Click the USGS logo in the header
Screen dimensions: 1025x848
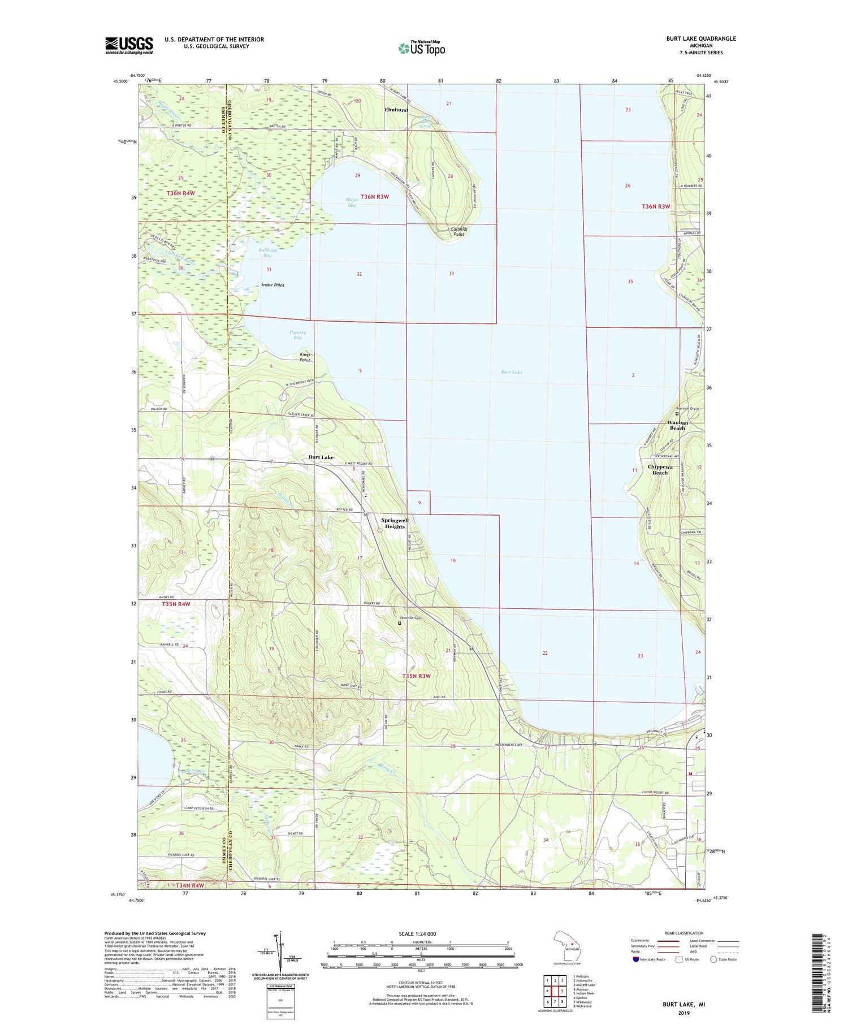[129, 45]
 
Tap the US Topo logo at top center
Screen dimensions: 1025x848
[422, 48]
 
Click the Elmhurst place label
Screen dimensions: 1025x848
[396, 110]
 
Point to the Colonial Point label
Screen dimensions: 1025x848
[457, 231]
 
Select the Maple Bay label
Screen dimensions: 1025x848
[352, 202]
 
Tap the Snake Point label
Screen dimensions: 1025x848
[272, 285]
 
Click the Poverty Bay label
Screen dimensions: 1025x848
[297, 335]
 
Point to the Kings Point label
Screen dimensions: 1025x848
[305, 357]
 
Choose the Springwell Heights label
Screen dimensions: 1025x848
[395, 523]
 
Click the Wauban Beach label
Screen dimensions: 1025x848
[677, 425]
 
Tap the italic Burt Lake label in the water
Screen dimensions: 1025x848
[512, 372]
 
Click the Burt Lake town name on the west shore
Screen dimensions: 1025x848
[321, 457]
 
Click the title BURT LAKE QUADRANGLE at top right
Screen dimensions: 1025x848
[700, 38]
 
